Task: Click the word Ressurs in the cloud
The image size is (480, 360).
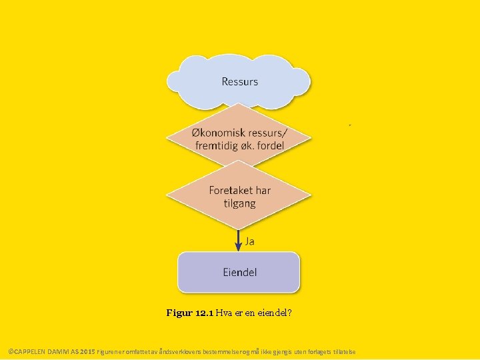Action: pyautogui.click(x=239, y=82)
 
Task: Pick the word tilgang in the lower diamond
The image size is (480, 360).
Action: pyautogui.click(x=239, y=203)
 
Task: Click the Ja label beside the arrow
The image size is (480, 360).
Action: pyautogui.click(x=250, y=241)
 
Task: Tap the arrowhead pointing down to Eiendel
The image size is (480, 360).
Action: pyautogui.click(x=239, y=247)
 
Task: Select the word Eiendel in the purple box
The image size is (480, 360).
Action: pyautogui.click(x=239, y=272)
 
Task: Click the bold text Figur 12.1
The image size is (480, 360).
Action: pyautogui.click(x=190, y=313)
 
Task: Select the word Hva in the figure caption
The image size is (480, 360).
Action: pyautogui.click(x=224, y=313)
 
